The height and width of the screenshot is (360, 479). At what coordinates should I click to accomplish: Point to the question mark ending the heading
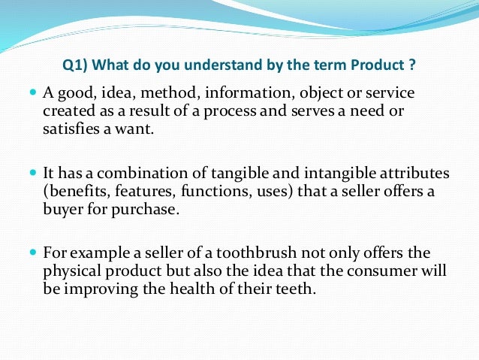413,64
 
